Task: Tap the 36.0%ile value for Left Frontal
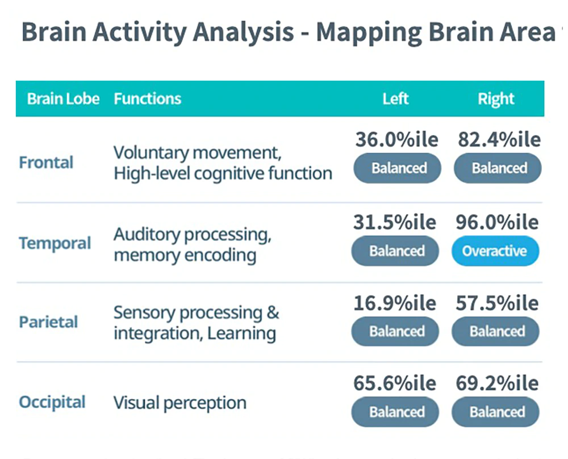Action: point(395,140)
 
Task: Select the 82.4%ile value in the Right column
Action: point(499,140)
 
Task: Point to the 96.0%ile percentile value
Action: point(497,222)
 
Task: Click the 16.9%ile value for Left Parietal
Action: point(395,303)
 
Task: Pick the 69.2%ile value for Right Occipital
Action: point(497,383)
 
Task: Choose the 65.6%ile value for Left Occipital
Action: point(395,383)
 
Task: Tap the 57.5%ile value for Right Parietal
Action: point(497,303)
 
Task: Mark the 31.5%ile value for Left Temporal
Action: point(395,222)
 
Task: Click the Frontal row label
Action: point(47,163)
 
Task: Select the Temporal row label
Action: point(55,244)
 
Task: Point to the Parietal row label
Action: point(49,322)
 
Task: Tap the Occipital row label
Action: point(52,403)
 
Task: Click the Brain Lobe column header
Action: point(63,99)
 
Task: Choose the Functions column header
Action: point(147,99)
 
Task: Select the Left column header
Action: point(395,99)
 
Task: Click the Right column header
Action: point(496,99)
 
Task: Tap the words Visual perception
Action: point(180,403)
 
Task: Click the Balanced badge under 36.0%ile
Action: point(398,168)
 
